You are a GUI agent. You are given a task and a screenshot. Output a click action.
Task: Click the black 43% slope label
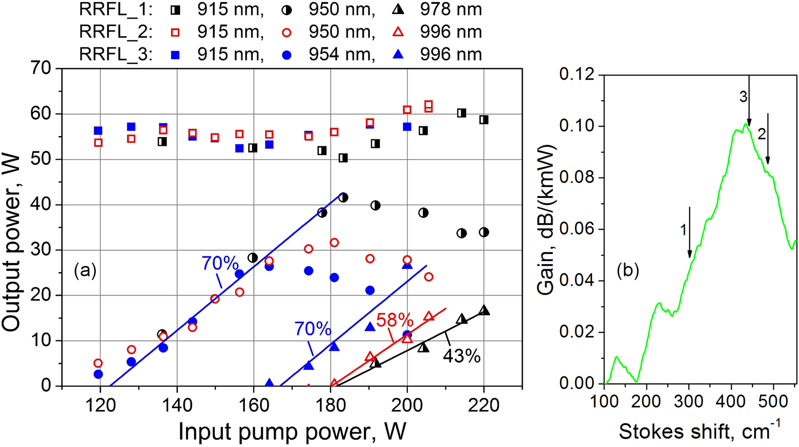tap(461, 356)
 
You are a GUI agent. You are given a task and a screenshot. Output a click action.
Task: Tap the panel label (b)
tap(628, 271)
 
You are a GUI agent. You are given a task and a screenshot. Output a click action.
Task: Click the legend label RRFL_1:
tap(116, 10)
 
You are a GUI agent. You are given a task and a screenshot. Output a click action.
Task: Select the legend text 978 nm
tap(451, 10)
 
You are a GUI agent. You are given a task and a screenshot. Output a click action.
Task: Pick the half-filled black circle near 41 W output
tap(343, 197)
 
